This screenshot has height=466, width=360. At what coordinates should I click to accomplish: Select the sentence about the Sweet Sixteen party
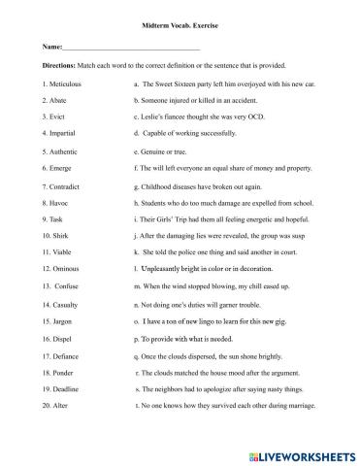tap(222, 83)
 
